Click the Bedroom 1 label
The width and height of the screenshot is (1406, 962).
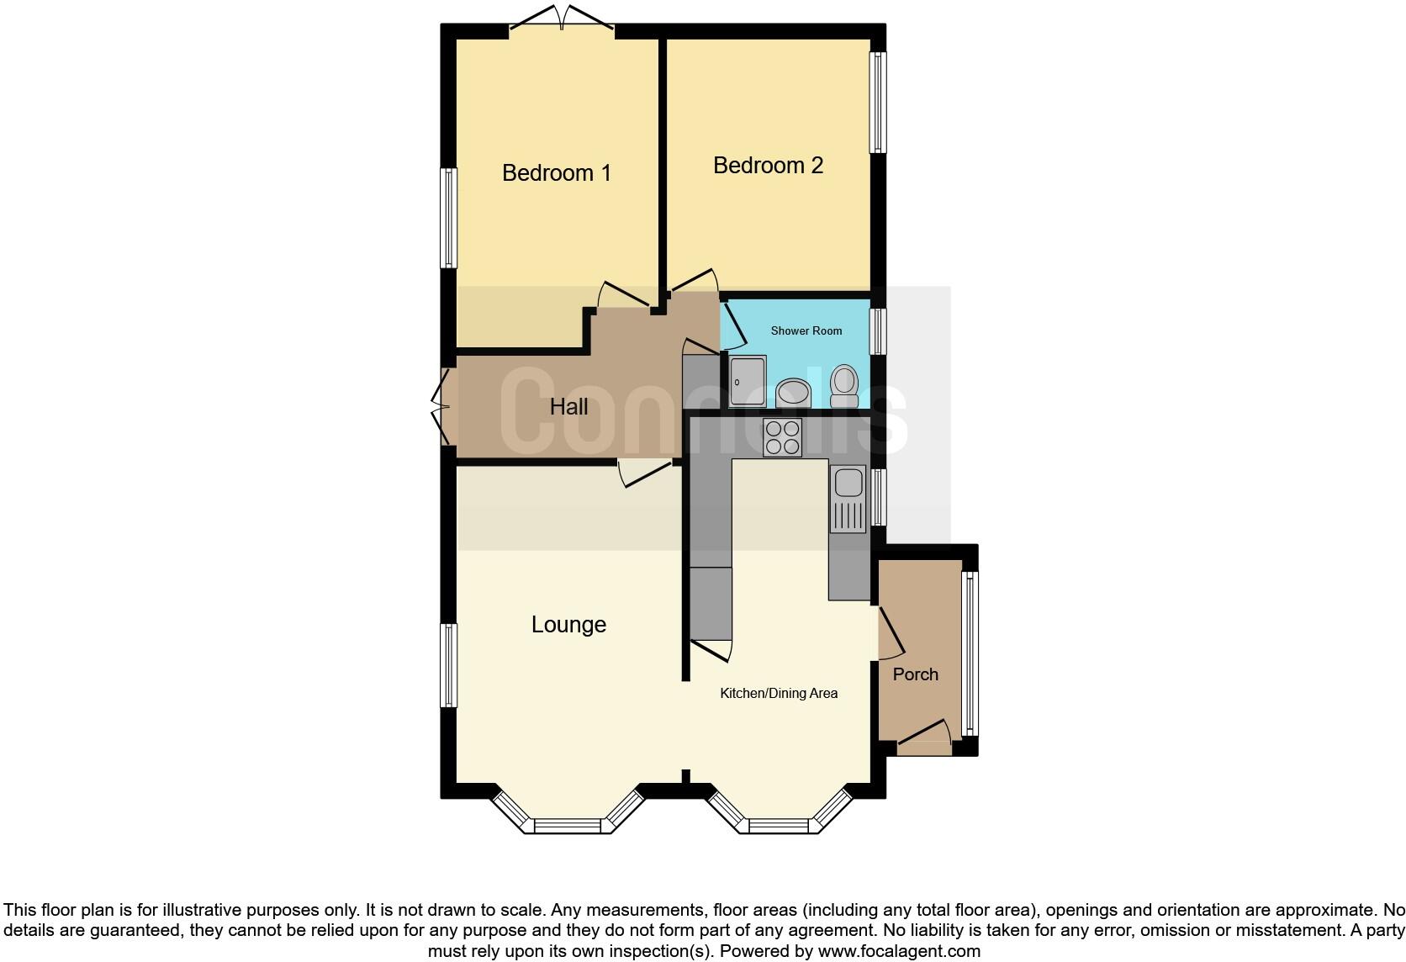556,173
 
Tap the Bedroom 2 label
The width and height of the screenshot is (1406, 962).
768,166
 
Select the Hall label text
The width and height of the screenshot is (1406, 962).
568,407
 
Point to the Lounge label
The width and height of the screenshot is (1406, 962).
568,625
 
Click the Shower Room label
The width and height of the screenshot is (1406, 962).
806,331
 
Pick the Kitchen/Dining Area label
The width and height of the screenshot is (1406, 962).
779,694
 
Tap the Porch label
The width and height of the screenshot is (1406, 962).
915,674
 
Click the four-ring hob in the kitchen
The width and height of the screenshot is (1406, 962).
782,437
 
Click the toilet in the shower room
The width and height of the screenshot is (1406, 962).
843,386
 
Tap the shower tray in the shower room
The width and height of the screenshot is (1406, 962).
748,382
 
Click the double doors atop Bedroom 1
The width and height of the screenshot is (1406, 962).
561,20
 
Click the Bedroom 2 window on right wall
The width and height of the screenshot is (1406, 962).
878,103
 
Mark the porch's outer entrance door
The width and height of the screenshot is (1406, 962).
924,732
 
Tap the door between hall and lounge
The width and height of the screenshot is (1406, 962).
647,473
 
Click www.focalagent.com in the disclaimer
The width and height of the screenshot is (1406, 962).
898,952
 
